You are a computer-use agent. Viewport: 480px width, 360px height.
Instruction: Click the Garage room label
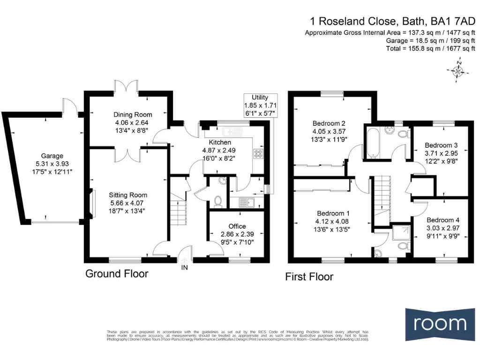[x=52, y=156]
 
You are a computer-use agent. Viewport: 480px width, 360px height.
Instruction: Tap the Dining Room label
[x=133, y=114]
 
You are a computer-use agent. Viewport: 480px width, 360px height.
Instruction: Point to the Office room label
[x=237, y=226]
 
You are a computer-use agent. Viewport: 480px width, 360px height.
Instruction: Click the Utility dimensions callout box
[x=260, y=105]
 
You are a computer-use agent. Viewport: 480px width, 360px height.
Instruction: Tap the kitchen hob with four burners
[x=259, y=152]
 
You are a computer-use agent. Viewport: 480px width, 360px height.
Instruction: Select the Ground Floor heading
[x=117, y=274]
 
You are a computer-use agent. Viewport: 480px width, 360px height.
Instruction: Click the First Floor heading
[x=309, y=277]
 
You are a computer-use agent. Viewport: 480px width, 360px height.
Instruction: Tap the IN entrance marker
[x=185, y=268]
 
